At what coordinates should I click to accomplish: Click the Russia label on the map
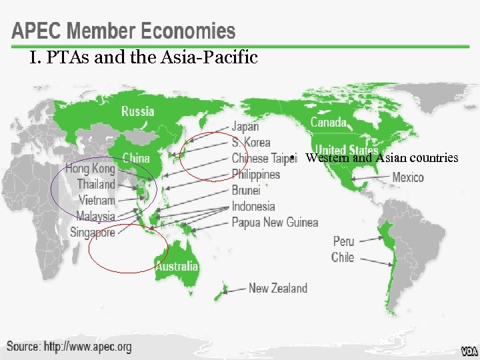coord(137,111)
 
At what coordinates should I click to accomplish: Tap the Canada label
coord(329,122)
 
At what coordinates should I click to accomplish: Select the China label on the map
coord(136,158)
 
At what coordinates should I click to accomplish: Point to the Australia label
coord(177,266)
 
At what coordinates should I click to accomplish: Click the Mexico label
coord(408,177)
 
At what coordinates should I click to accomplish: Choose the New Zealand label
coord(278,288)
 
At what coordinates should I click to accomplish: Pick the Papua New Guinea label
coord(275,222)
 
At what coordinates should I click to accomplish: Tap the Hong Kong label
coord(90,169)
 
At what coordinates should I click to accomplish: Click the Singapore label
coord(93,233)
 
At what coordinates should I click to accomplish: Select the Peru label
coord(343,241)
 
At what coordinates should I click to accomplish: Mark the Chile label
coord(343,257)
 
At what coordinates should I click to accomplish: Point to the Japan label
coord(245,126)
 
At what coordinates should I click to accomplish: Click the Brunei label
coord(246,190)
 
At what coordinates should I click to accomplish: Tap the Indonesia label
coord(253,206)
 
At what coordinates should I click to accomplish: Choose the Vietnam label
coord(97,200)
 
